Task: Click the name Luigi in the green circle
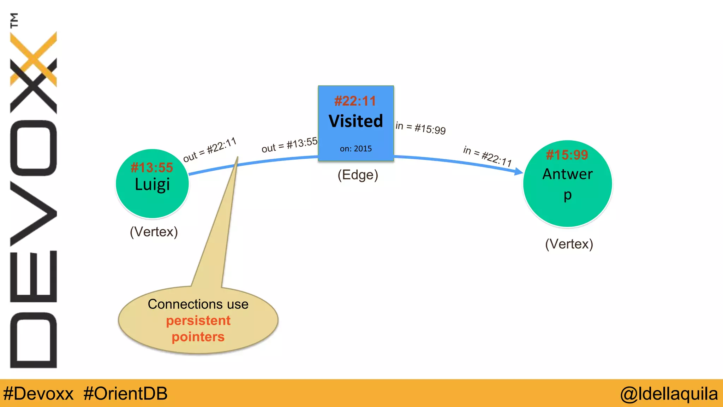(x=152, y=185)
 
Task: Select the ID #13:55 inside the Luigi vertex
(x=152, y=167)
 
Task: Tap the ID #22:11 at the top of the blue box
(x=355, y=101)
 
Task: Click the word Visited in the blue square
(x=355, y=121)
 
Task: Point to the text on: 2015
(x=355, y=149)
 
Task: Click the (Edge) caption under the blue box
(x=358, y=175)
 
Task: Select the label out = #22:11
(x=210, y=150)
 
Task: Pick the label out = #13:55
(x=289, y=145)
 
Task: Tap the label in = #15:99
(x=420, y=128)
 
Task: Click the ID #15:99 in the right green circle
(x=567, y=155)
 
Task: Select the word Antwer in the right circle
(x=567, y=174)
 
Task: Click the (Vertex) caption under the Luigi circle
(x=154, y=232)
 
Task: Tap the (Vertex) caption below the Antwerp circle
(x=569, y=244)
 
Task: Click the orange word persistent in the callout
(x=198, y=320)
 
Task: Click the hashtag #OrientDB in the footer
(x=125, y=394)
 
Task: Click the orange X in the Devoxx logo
(x=34, y=58)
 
